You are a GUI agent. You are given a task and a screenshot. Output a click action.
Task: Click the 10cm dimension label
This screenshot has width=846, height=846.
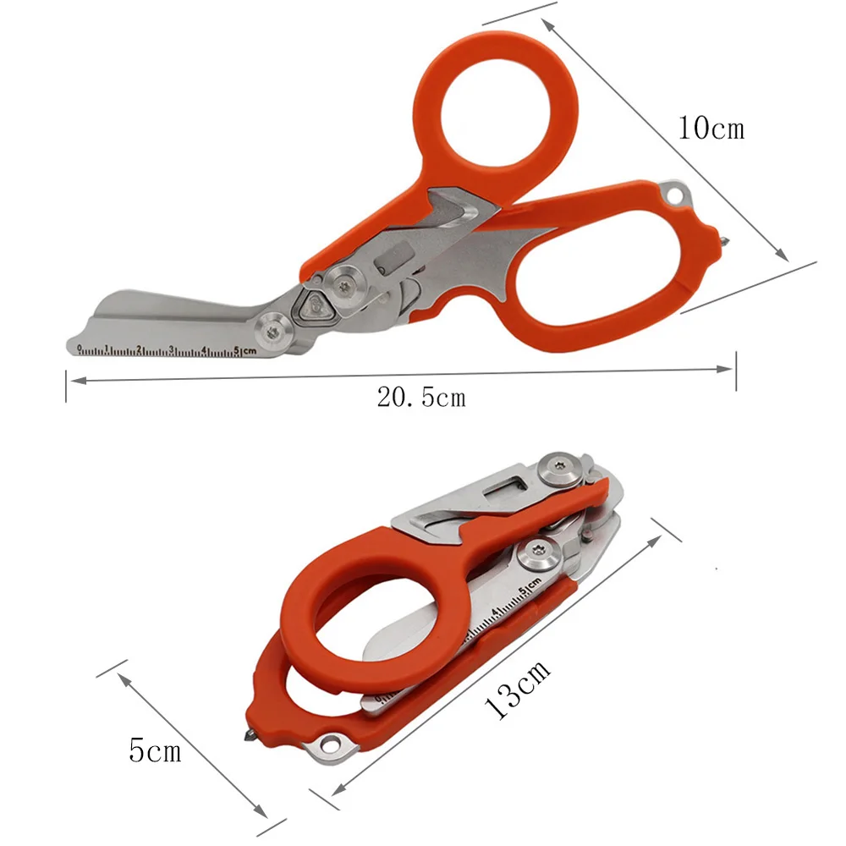pyautogui.click(x=711, y=128)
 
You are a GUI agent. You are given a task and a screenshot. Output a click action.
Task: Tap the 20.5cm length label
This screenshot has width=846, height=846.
pyautogui.click(x=420, y=397)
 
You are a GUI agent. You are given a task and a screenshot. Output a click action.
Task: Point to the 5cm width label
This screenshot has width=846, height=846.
pyautogui.click(x=155, y=750)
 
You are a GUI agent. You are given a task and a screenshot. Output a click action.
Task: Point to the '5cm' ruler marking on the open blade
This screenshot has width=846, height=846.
pyautogui.click(x=245, y=351)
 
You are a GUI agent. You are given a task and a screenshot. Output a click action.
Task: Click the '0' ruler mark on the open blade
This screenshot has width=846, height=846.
pyautogui.click(x=79, y=349)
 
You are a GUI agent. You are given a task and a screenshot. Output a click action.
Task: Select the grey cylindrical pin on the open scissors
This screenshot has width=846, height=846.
pyautogui.click(x=390, y=263)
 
